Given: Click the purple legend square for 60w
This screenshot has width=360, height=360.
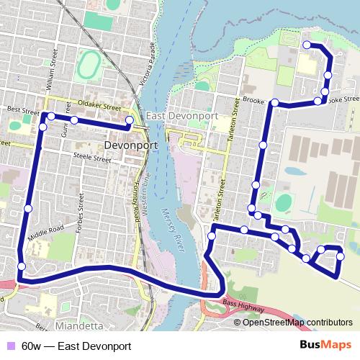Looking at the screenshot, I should [x=9, y=346].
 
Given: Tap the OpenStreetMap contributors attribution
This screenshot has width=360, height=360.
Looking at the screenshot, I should [x=297, y=322].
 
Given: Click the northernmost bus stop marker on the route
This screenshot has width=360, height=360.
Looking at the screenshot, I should [x=307, y=45].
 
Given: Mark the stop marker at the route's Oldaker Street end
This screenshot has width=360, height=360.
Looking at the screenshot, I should [x=130, y=120].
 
